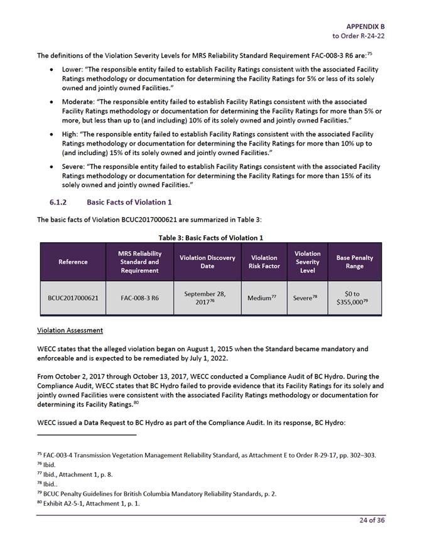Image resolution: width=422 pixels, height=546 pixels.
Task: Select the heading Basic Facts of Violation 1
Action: (129, 202)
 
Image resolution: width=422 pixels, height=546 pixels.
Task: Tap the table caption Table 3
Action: (210, 238)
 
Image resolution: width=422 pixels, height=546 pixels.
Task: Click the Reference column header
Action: (73, 262)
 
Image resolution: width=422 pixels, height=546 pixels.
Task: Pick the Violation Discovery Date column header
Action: (207, 262)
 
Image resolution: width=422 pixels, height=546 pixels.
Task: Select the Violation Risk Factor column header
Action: (264, 262)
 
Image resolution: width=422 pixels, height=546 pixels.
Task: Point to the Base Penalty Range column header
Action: (354, 262)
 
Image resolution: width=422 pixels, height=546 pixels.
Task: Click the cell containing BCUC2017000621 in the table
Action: (73, 298)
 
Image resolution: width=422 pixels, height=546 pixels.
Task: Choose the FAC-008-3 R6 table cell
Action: (139, 298)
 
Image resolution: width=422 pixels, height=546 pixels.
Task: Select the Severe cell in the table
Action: (306, 298)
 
